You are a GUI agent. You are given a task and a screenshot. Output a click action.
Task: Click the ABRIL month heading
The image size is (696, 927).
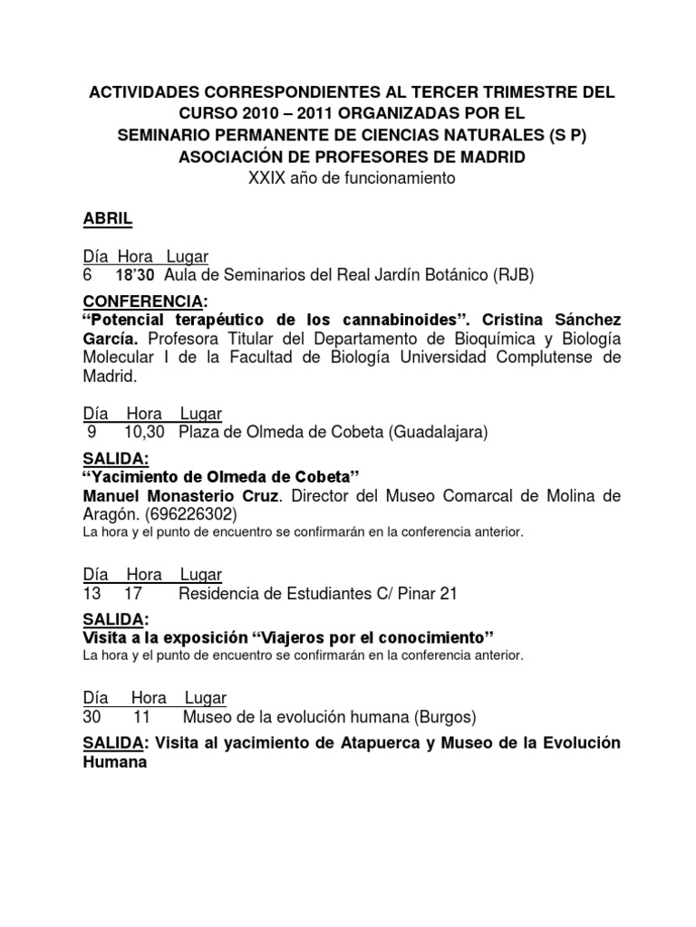(108, 220)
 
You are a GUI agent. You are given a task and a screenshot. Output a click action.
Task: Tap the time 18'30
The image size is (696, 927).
(135, 274)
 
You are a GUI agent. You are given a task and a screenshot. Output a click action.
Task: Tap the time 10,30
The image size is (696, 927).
(143, 433)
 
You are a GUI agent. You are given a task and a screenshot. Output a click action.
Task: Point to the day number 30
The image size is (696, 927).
(92, 718)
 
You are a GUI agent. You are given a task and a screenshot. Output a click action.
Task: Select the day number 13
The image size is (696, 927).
(92, 594)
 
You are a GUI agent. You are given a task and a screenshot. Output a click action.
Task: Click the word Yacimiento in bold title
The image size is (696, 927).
(135, 476)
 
